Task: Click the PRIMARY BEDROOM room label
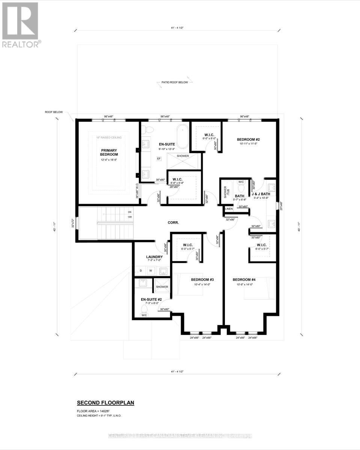(x=109, y=152)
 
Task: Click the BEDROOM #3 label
(x=202, y=280)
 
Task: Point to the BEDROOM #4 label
(x=244, y=280)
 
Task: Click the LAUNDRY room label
(x=154, y=257)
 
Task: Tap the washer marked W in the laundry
(x=150, y=270)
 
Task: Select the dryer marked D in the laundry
(x=140, y=270)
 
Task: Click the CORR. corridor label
(x=173, y=222)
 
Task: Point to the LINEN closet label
(x=229, y=209)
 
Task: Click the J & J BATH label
(x=261, y=194)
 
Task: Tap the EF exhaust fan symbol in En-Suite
(x=159, y=159)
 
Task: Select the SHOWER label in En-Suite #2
(x=162, y=287)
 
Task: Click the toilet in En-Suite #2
(x=144, y=309)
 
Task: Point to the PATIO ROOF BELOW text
(x=173, y=82)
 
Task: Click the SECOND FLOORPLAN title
(x=105, y=403)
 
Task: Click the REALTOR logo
(x=20, y=25)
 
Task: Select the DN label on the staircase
(x=129, y=211)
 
